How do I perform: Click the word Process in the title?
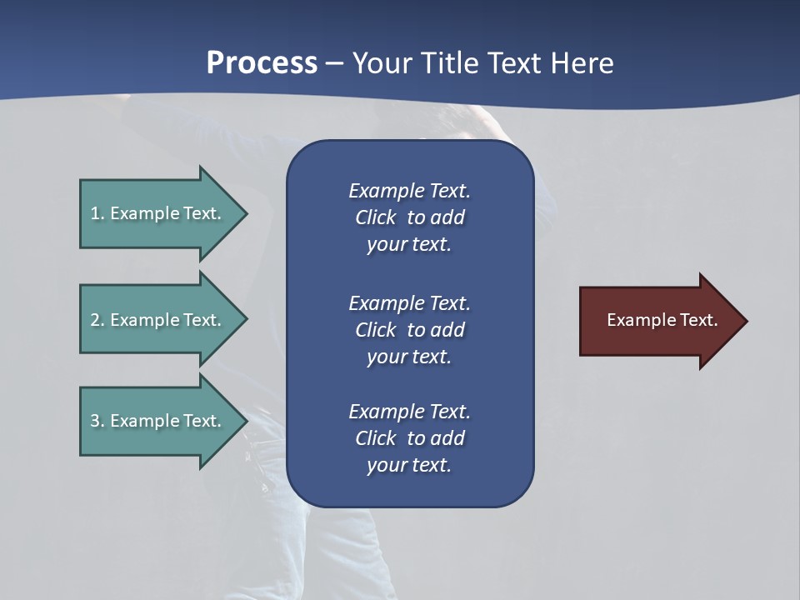(262, 63)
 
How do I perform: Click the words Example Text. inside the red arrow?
(662, 320)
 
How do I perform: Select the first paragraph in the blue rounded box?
(409, 217)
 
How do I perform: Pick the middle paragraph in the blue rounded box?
(409, 330)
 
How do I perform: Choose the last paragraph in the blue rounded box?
(409, 438)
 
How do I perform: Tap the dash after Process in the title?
(335, 63)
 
